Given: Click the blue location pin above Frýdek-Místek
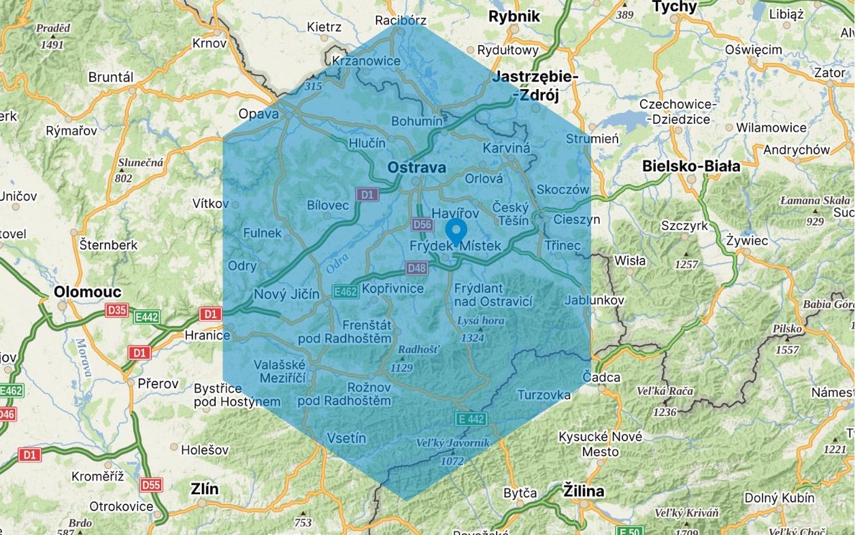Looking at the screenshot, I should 456,231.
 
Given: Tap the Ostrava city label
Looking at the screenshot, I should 416,167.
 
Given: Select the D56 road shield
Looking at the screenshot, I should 422,225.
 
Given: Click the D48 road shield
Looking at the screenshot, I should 416,268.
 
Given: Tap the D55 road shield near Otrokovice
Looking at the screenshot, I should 151,485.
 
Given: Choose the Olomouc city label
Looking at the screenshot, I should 88,292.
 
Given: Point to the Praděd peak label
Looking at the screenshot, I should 53,29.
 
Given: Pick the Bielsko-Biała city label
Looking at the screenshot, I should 691,166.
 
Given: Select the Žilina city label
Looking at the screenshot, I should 583,491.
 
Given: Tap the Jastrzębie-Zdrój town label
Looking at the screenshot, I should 537,86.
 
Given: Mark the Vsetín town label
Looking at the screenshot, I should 346,438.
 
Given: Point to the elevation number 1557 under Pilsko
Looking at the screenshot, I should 786,349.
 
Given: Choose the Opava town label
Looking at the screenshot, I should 258,114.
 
